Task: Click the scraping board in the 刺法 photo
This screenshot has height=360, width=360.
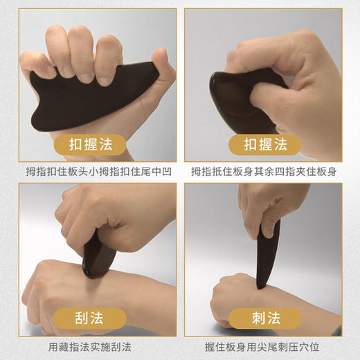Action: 263,256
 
